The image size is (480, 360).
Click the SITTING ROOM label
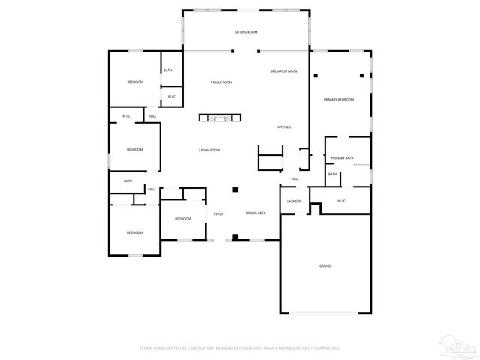246,33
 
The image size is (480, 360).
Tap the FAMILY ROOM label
221,82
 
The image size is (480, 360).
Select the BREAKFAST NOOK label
283,71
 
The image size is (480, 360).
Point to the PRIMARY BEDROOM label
338,100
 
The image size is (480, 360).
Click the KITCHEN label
284,127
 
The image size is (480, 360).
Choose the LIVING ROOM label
209,150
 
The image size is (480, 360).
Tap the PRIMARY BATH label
343,158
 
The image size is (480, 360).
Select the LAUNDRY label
295,201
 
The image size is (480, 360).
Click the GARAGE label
325,265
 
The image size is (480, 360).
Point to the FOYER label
219,214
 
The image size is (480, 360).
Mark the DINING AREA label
256,214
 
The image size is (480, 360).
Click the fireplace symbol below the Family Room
220,118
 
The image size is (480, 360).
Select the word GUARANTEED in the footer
326,348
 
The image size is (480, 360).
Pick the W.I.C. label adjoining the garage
342,201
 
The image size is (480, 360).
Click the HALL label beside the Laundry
295,178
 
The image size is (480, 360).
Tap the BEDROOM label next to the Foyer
183,219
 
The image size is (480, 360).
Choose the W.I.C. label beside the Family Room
172,97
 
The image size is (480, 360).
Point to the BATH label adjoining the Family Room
168,70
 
